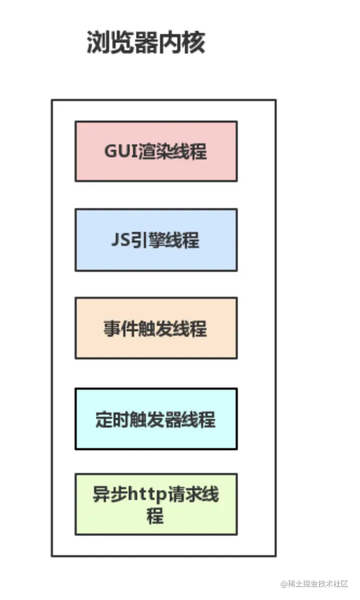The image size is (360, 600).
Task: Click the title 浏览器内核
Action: pyautogui.click(x=145, y=42)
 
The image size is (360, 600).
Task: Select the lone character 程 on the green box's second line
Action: pyautogui.click(x=155, y=516)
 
